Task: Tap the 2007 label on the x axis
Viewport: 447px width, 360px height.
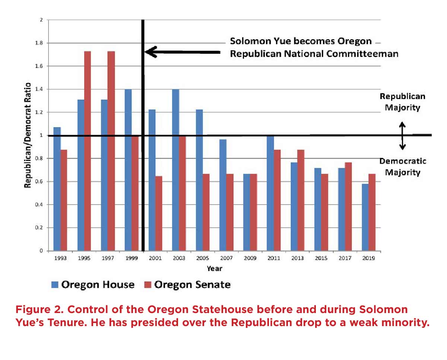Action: coord(226,258)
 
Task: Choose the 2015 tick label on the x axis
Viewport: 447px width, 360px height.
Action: coord(321,258)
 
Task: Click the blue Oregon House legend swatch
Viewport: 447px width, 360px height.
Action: coord(55,285)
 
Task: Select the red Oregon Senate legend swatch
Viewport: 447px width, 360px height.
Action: coord(148,285)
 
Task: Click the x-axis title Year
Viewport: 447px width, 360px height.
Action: coord(215,268)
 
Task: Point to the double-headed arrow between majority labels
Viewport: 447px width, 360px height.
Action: coord(402,136)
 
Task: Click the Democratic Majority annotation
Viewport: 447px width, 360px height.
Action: coord(403,167)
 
